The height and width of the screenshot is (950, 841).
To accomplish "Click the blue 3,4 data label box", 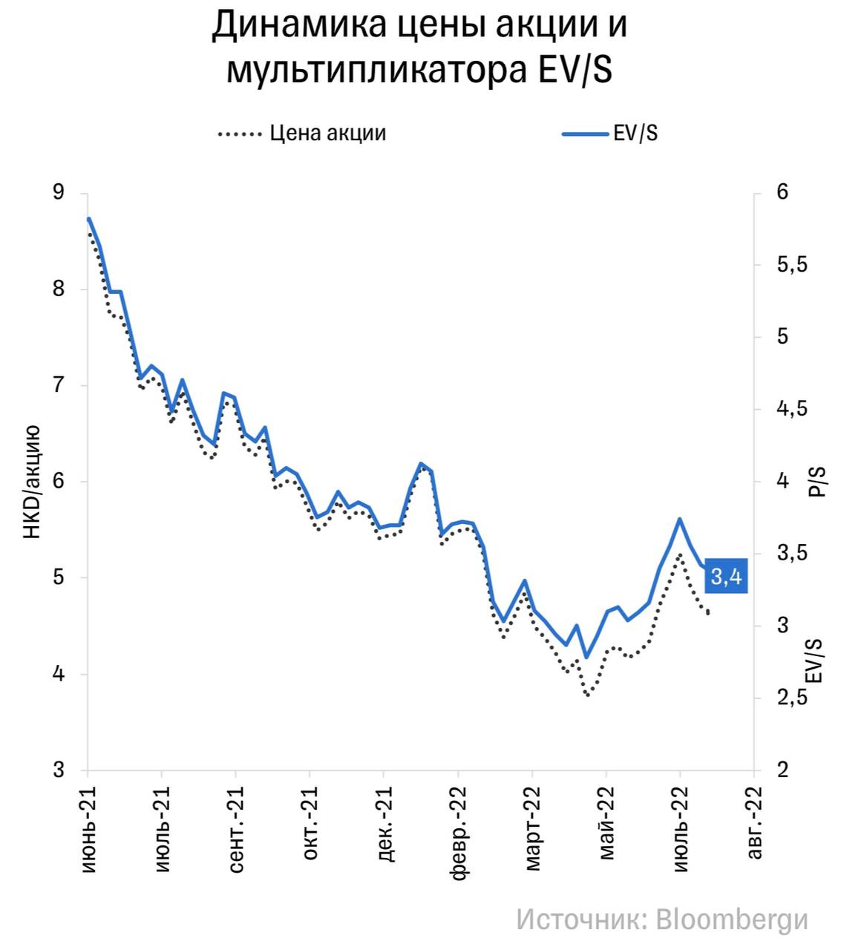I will [725, 576].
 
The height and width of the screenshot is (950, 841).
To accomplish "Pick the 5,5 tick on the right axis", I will [792, 265].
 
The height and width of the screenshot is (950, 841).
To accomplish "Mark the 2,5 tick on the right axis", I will [792, 698].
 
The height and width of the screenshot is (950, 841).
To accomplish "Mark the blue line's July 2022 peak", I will [679, 519].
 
